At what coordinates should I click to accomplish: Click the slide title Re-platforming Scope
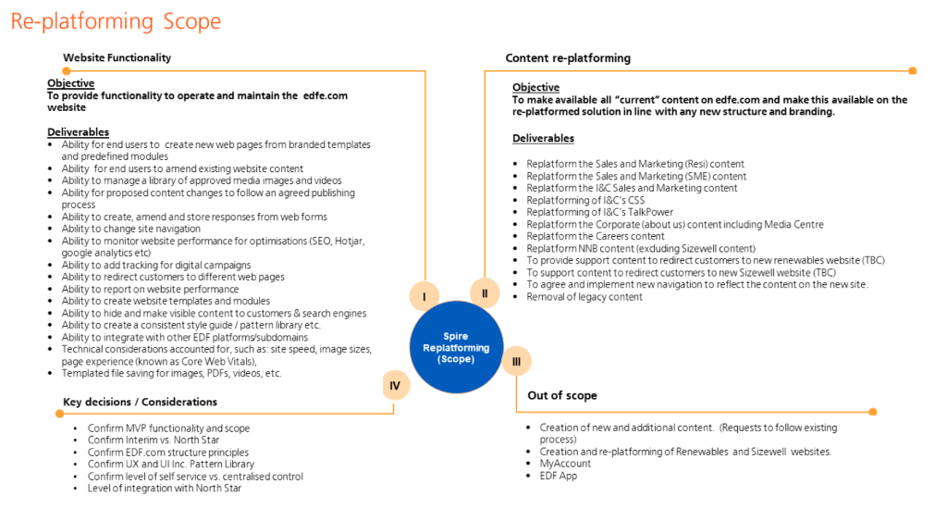116,20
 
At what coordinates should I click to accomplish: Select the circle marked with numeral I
424,297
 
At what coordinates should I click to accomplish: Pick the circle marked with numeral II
485,293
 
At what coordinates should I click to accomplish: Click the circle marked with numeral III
516,362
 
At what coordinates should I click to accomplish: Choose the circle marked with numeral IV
395,383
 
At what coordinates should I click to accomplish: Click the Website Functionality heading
117,57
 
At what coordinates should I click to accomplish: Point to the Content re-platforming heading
568,58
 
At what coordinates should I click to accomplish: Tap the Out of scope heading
562,395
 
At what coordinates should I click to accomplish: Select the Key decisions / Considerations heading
140,402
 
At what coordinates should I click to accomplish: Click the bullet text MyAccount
564,464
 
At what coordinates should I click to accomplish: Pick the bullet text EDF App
559,476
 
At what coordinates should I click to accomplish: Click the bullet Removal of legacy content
584,297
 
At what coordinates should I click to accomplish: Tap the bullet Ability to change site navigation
130,229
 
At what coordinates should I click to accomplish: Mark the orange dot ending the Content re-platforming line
913,70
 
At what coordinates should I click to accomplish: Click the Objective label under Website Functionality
70,84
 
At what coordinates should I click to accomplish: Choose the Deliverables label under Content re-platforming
543,139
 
